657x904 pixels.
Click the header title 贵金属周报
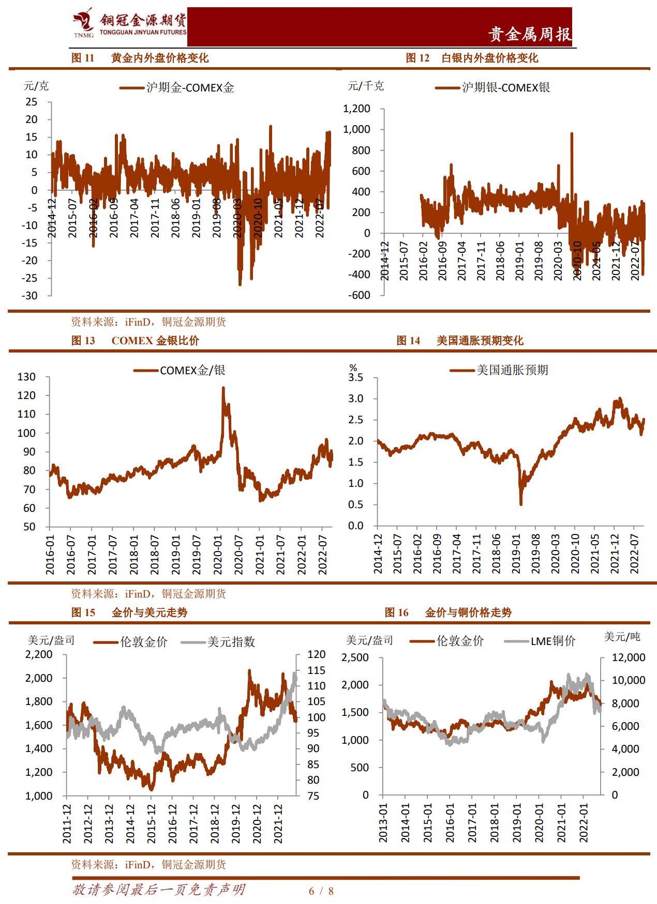coord(530,34)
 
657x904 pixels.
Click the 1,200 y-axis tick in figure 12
coord(356,109)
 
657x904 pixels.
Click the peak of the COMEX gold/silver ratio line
coord(223,388)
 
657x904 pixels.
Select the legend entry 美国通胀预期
coord(499,370)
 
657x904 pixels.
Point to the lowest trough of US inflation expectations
coord(520,504)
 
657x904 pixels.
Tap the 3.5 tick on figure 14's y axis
coord(356,378)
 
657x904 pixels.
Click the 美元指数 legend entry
coord(218,642)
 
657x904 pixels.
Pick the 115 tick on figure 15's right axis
coord(316,670)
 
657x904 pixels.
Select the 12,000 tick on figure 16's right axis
coord(629,657)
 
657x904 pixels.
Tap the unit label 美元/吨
coord(622,637)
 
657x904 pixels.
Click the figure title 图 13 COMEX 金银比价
coord(135,341)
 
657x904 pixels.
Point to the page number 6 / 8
coord(321,891)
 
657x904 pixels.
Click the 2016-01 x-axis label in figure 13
coord(50,553)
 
